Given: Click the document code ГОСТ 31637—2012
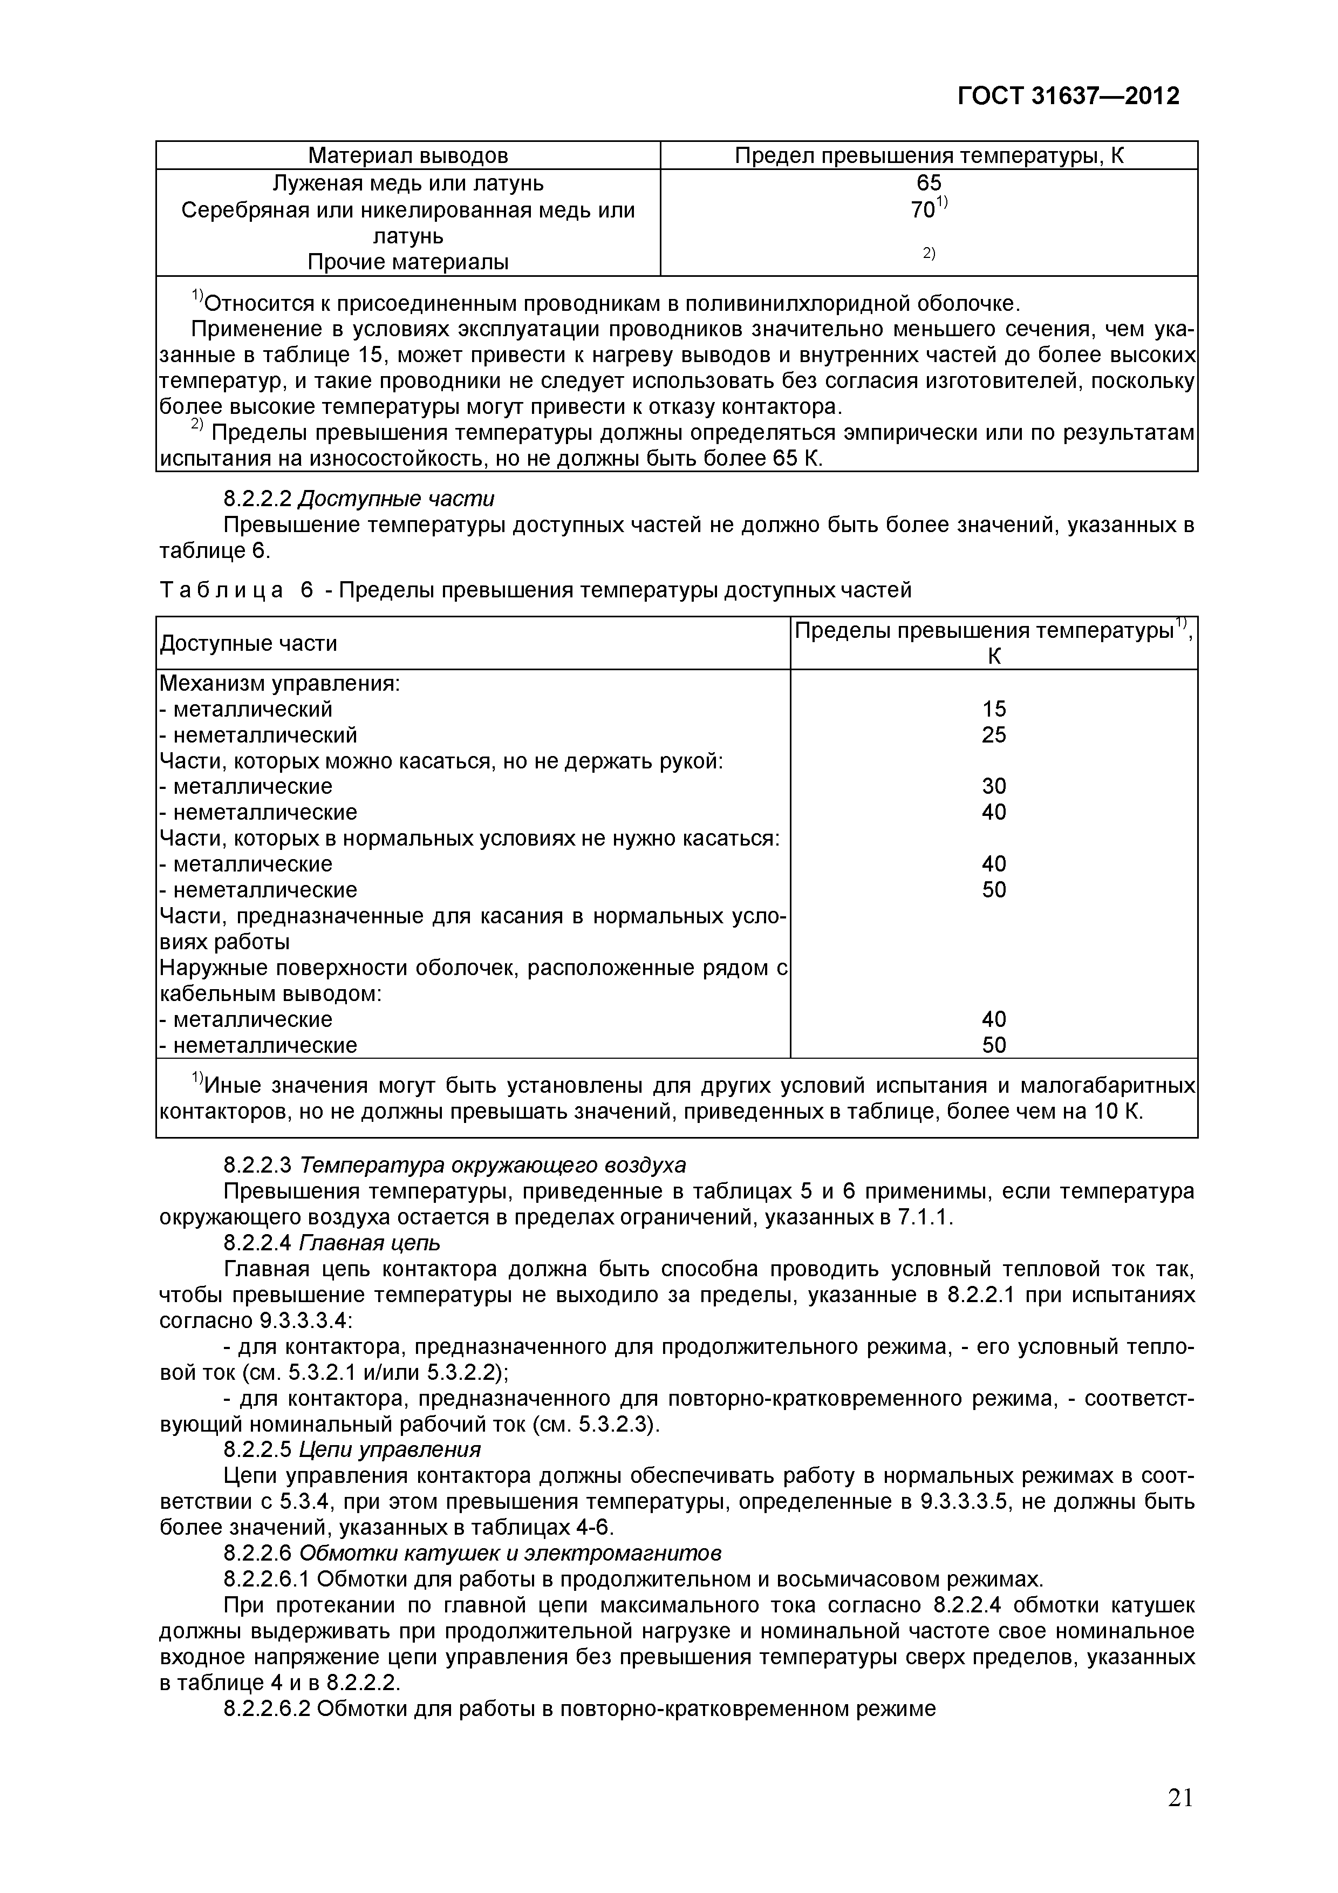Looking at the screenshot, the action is point(1068,97).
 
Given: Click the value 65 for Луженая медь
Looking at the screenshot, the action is point(929,183).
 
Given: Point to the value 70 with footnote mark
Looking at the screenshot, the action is point(925,210).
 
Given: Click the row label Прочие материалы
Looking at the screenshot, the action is point(408,262).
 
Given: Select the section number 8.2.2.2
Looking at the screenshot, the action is point(258,499).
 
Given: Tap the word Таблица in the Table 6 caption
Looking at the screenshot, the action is point(221,590).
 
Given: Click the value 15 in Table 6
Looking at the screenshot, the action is point(994,709).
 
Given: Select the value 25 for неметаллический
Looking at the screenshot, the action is point(994,734).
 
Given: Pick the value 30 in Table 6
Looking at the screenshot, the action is point(994,787).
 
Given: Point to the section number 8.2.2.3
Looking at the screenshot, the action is point(258,1165).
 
